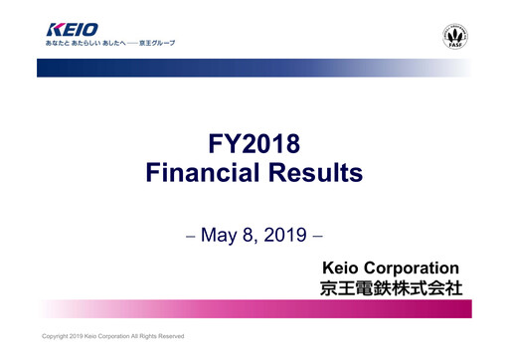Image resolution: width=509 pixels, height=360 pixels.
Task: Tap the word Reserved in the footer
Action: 173,336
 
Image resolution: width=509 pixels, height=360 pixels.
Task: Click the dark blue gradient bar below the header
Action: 199,67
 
